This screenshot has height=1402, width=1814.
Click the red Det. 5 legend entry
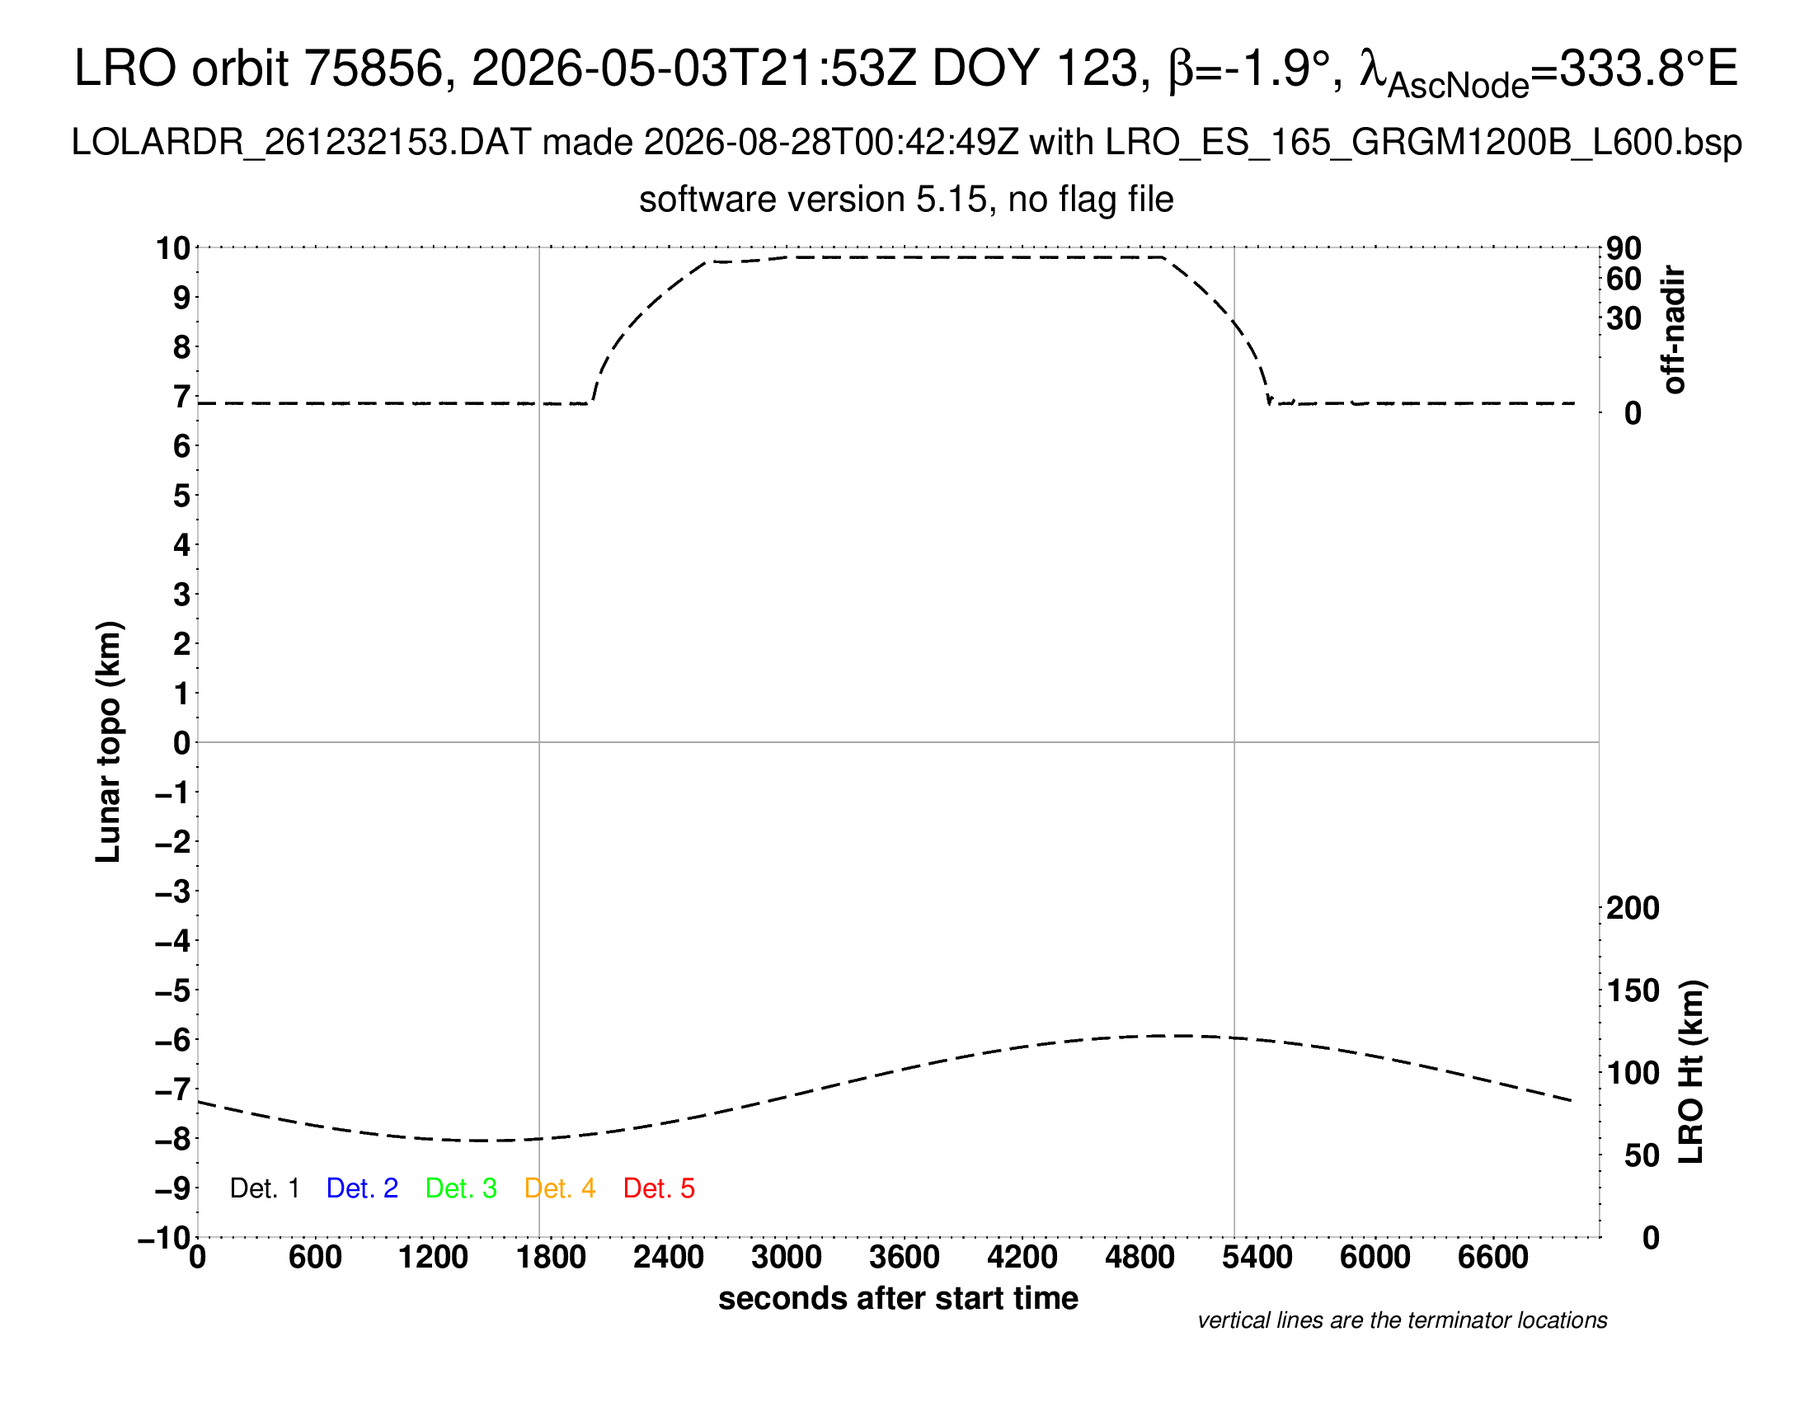(659, 1188)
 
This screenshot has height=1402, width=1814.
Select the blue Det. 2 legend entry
(362, 1188)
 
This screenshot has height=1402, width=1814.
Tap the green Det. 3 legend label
(461, 1188)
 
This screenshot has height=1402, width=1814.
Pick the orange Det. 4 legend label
(560, 1188)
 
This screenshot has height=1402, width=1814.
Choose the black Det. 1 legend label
(264, 1188)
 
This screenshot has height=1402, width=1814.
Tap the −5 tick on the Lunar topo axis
(173, 990)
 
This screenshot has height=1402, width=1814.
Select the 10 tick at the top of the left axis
(173, 248)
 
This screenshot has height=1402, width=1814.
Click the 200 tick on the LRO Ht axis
(1633, 909)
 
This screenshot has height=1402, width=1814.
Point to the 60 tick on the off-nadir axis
(1624, 279)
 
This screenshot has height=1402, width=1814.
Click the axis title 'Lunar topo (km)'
(109, 741)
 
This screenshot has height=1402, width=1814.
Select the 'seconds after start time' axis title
(898, 1299)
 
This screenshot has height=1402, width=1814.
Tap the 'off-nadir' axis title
(1675, 330)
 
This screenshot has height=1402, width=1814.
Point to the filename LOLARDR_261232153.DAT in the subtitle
(301, 143)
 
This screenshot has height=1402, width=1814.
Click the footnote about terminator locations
(1402, 1321)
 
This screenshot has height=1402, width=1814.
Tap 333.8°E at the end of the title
(1648, 68)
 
